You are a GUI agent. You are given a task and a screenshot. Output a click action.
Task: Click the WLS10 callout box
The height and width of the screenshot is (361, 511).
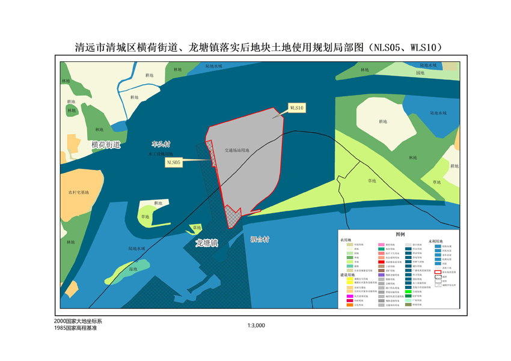(297, 108)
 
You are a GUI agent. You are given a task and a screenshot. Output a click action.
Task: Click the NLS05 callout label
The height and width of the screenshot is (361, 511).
(174, 162)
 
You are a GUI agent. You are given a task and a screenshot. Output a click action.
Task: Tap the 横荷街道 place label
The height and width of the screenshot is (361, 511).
(106, 145)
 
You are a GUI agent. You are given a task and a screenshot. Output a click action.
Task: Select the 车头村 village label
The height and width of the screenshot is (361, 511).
(161, 145)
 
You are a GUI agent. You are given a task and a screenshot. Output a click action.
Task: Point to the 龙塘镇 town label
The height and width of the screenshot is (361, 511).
(206, 243)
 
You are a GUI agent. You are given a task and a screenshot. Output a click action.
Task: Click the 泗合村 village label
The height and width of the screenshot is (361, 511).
(260, 239)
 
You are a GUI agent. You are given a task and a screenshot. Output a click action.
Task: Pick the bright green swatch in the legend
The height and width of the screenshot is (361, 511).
(408, 291)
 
